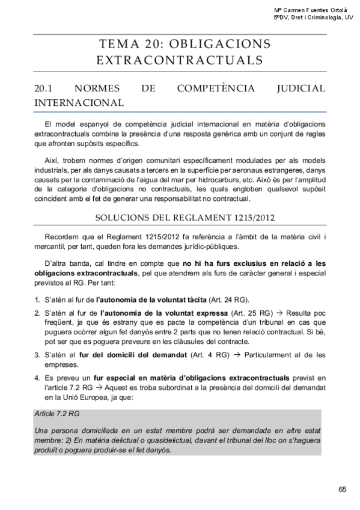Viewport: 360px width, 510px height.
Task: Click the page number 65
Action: (x=343, y=489)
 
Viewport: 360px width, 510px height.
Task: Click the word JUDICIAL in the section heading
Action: (x=301, y=88)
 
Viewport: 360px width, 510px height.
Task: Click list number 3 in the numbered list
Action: (x=37, y=355)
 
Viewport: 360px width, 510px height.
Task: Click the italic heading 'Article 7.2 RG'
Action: (x=58, y=414)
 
